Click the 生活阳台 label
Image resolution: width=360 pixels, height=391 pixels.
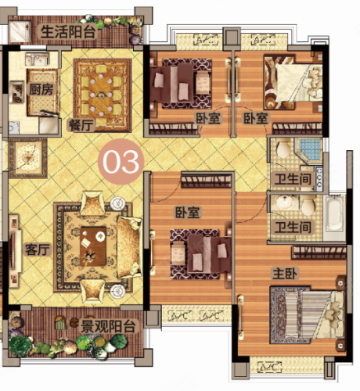[69, 32]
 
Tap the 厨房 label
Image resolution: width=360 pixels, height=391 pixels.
[41, 89]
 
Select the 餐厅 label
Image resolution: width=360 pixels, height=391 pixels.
[81, 125]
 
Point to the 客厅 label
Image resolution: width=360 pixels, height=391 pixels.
[38, 249]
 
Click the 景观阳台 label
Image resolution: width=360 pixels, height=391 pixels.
[108, 325]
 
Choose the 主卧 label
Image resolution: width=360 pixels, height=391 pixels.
[285, 274]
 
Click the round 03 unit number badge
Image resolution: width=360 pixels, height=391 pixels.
[121, 162]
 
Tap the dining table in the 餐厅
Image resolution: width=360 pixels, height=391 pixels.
[102, 95]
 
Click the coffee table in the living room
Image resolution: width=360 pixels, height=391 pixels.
[93, 246]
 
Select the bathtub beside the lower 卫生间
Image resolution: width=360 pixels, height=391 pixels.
[334, 213]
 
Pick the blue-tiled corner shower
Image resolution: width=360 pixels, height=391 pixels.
[308, 149]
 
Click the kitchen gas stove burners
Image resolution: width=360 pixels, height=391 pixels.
[17, 92]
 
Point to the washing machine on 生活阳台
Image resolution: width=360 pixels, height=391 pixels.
[20, 31]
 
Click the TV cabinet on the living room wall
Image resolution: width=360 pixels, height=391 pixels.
[14, 251]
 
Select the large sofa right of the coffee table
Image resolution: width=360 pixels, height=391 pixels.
[129, 247]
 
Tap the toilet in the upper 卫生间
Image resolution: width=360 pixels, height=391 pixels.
[283, 149]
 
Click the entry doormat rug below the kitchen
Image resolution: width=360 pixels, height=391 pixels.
[28, 158]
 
